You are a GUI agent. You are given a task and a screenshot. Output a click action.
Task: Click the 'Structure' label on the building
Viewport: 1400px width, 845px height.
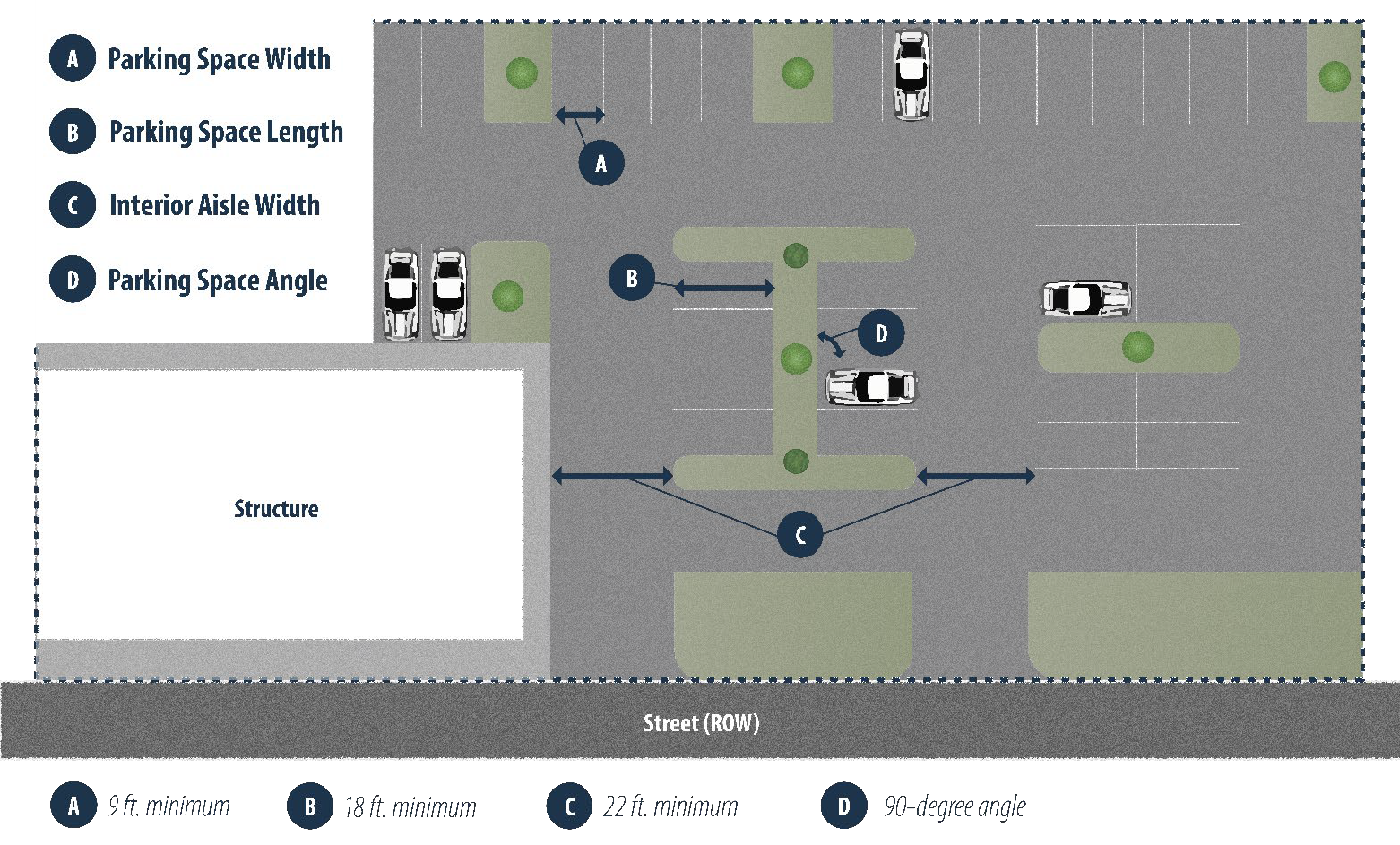pyautogui.click(x=276, y=509)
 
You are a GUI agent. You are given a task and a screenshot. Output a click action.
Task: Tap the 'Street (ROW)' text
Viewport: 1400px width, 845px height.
pyautogui.click(x=701, y=723)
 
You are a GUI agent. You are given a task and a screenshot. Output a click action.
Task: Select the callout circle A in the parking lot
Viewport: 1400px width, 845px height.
pyautogui.click(x=601, y=163)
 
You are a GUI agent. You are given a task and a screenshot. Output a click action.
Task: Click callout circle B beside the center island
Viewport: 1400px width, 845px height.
pyautogui.click(x=631, y=278)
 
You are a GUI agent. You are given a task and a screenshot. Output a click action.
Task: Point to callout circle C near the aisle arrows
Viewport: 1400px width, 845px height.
pyautogui.click(x=799, y=535)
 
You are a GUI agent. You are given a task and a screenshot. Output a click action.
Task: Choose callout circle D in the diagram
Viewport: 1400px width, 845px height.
pyautogui.click(x=880, y=333)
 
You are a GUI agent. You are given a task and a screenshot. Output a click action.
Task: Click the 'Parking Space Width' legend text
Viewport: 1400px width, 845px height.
pyautogui.click(x=219, y=59)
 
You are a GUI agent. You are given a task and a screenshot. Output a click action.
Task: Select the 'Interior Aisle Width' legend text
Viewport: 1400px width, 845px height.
pyautogui.click(x=214, y=205)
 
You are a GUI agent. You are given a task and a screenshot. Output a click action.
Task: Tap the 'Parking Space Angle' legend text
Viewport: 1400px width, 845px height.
pyautogui.click(x=218, y=280)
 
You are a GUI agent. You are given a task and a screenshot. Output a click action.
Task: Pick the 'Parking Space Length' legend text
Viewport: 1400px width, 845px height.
pyautogui.click(x=226, y=132)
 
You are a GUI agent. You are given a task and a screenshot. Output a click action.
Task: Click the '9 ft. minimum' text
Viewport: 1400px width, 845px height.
pyautogui.click(x=169, y=806)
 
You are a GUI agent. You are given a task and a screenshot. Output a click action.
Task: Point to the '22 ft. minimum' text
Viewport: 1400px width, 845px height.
pyautogui.click(x=670, y=806)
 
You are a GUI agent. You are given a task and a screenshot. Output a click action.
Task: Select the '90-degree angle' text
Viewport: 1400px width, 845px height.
pyautogui.click(x=955, y=806)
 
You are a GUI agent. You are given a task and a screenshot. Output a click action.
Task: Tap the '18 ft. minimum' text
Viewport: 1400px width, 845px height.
pyautogui.click(x=410, y=807)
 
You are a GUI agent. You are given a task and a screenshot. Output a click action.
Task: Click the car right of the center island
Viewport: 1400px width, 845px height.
pyautogui.click(x=871, y=388)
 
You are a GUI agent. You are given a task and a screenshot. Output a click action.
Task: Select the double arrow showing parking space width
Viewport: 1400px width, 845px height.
pyautogui.click(x=580, y=115)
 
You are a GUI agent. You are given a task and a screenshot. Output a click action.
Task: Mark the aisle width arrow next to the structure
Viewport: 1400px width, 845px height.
pyautogui.click(x=612, y=476)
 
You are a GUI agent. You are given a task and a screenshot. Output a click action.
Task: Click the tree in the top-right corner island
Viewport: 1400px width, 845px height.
pyautogui.click(x=1334, y=76)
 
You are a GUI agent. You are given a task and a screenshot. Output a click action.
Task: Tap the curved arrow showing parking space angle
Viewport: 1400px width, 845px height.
pyautogui.click(x=831, y=344)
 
